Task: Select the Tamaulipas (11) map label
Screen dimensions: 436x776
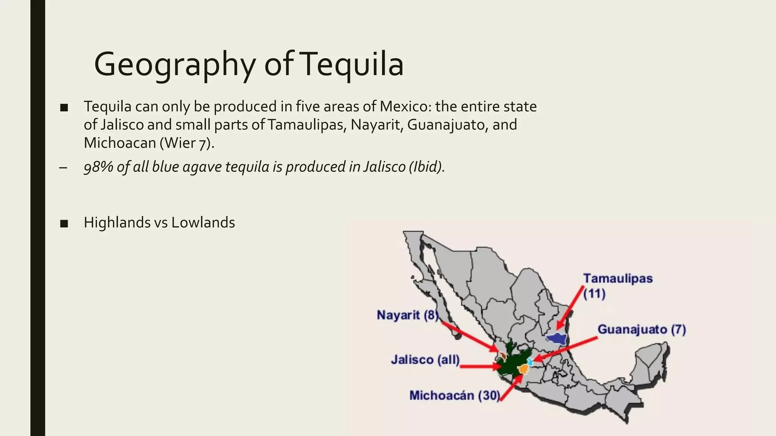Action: (x=618, y=286)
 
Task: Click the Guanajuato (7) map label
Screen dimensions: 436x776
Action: (x=641, y=330)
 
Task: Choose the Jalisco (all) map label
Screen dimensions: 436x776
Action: (x=425, y=359)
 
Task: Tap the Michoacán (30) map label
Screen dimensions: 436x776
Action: (x=455, y=396)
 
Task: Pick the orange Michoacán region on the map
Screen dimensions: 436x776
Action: (x=524, y=369)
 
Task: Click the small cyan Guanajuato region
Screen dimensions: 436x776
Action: (x=530, y=362)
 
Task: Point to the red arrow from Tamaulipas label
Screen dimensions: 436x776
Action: (x=570, y=308)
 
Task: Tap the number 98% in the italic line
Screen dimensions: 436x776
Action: (x=98, y=167)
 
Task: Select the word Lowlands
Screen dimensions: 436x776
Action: (x=203, y=223)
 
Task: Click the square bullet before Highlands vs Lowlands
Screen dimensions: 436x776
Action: (x=64, y=224)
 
